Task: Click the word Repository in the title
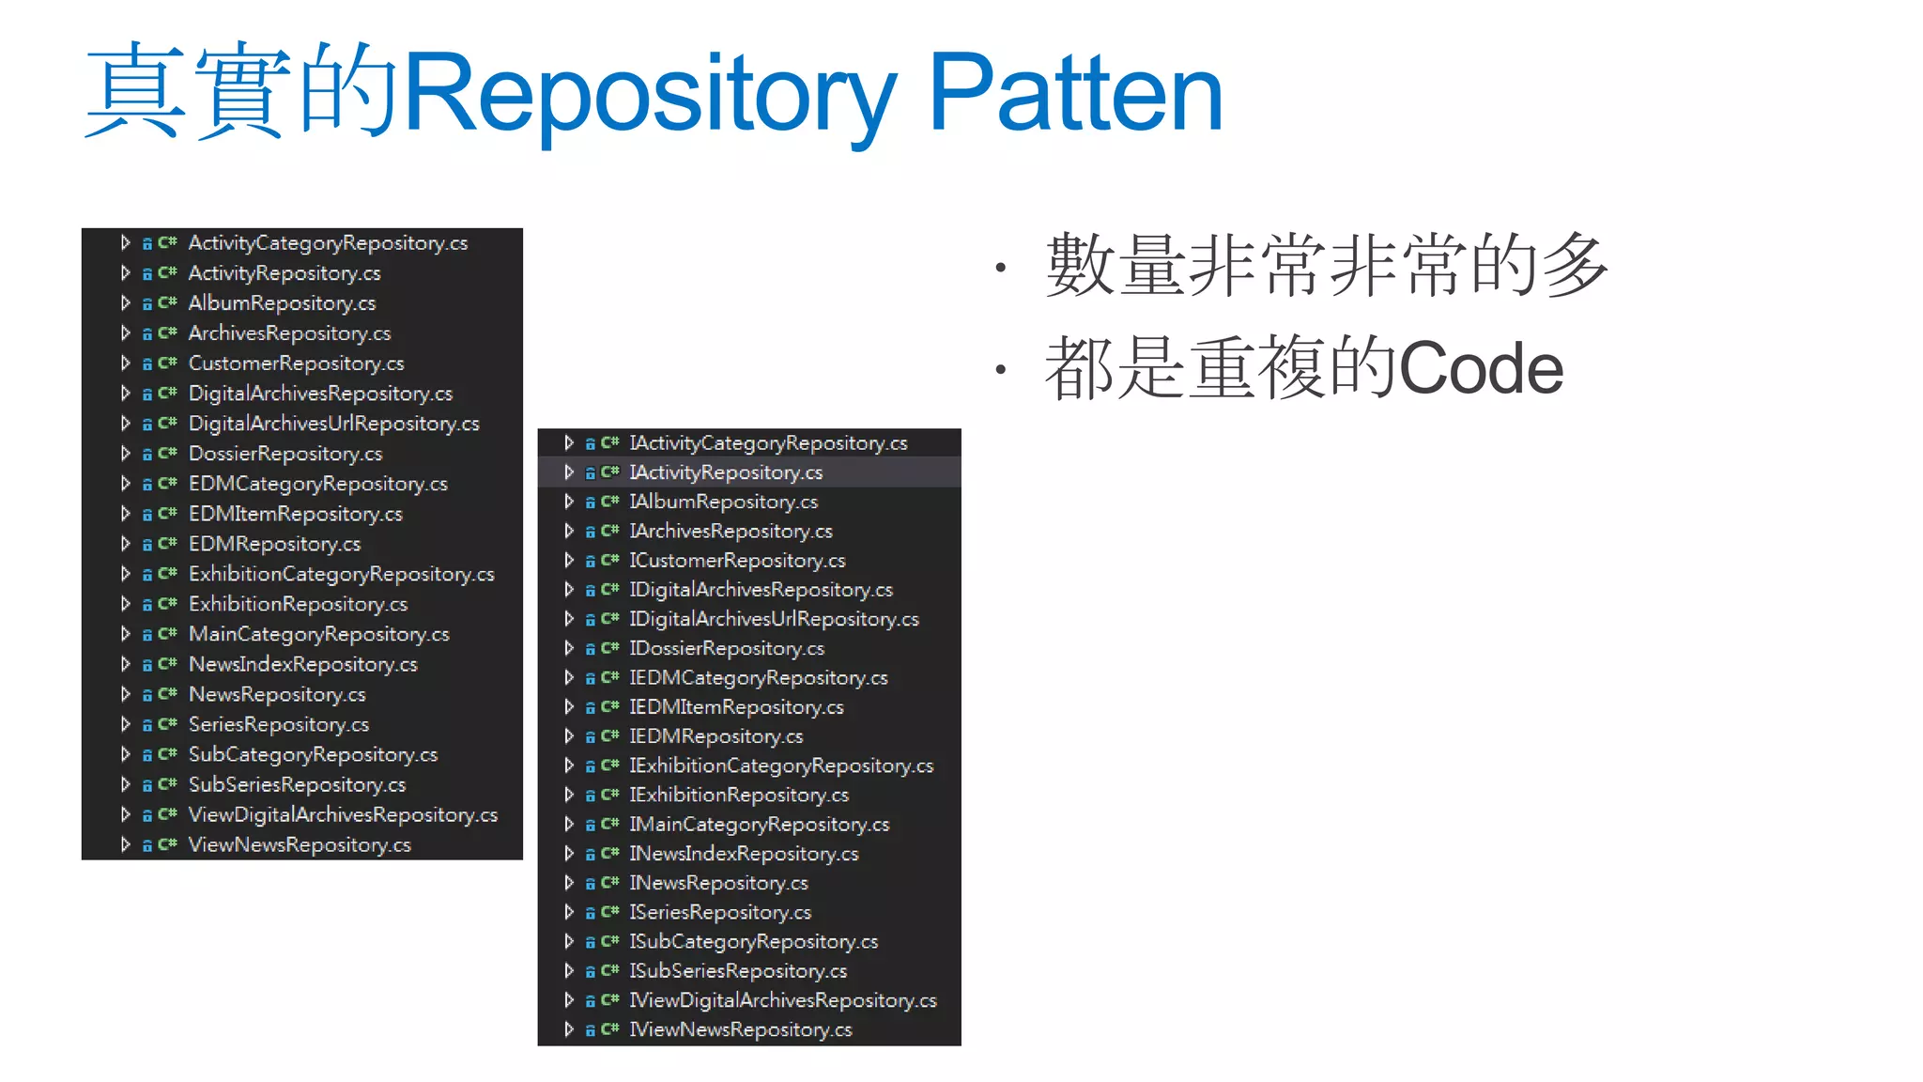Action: tap(648, 94)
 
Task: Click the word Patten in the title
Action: tap(1075, 94)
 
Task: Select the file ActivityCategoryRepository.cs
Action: tap(328, 243)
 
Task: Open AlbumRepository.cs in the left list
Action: tap(282, 303)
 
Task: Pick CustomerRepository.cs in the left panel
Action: tap(296, 363)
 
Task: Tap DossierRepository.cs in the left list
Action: tap(285, 454)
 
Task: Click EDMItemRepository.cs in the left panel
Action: tap(295, 514)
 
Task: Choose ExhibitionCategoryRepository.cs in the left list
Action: tap(341, 574)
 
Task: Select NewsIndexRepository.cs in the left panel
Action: tap(302, 664)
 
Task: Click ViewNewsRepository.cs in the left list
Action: tap(300, 844)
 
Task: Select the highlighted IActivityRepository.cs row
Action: tap(725, 472)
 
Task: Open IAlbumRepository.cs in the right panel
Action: tap(723, 502)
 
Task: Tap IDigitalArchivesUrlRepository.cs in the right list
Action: tap(774, 619)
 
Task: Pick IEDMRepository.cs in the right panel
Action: tap(715, 736)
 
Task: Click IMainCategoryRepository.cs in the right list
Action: tap(759, 825)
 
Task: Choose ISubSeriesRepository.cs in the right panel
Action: tap(737, 971)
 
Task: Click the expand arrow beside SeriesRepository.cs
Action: tap(125, 724)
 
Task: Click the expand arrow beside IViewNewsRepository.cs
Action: tap(569, 1029)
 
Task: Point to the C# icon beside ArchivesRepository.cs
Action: tap(168, 333)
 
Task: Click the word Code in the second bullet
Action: tap(1481, 369)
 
